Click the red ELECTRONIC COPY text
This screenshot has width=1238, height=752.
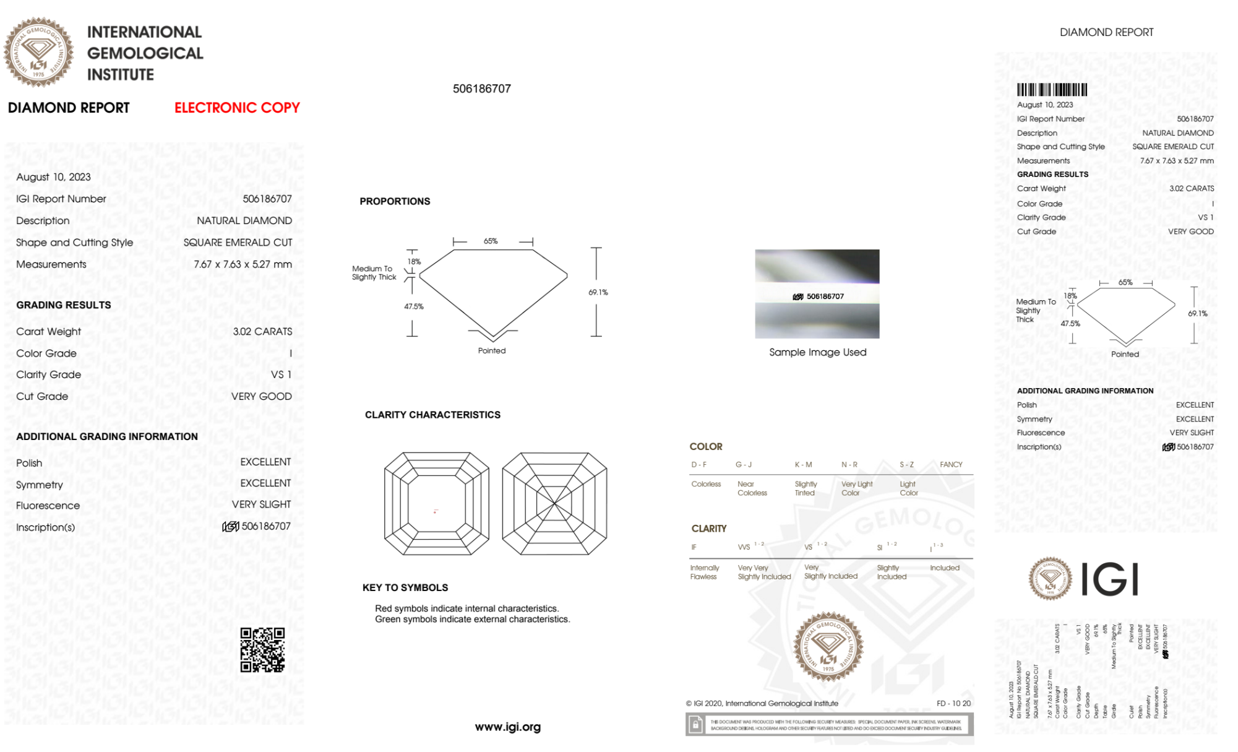pyautogui.click(x=237, y=108)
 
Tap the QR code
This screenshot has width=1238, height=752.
pyautogui.click(x=262, y=650)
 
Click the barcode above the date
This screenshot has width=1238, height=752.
pyautogui.click(x=1052, y=90)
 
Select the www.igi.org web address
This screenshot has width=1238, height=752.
pyautogui.click(x=507, y=727)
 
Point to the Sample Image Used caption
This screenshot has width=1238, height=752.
pyautogui.click(x=817, y=352)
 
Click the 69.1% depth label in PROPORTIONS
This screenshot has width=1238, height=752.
pyautogui.click(x=598, y=292)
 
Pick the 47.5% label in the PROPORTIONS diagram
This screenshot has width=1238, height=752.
pyautogui.click(x=414, y=306)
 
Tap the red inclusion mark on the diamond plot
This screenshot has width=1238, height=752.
pyautogui.click(x=436, y=512)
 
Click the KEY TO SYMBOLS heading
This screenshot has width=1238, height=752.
pyautogui.click(x=405, y=587)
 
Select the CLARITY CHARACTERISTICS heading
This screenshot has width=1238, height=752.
pyautogui.click(x=432, y=415)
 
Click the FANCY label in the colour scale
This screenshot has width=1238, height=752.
pyautogui.click(x=951, y=464)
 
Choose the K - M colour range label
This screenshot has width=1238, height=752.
pyautogui.click(x=803, y=464)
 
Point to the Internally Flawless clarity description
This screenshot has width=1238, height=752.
pyautogui.click(x=704, y=572)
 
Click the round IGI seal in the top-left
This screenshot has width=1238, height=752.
pyautogui.click(x=38, y=52)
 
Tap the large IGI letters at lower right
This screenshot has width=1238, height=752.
pyautogui.click(x=1110, y=579)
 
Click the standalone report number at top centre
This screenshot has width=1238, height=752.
pyautogui.click(x=482, y=89)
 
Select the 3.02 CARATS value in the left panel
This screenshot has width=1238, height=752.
pyautogui.click(x=262, y=331)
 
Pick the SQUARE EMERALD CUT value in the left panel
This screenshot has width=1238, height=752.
pyautogui.click(x=238, y=242)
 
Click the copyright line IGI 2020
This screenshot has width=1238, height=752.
pyautogui.click(x=762, y=703)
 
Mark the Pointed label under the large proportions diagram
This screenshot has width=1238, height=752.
pyautogui.click(x=492, y=350)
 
